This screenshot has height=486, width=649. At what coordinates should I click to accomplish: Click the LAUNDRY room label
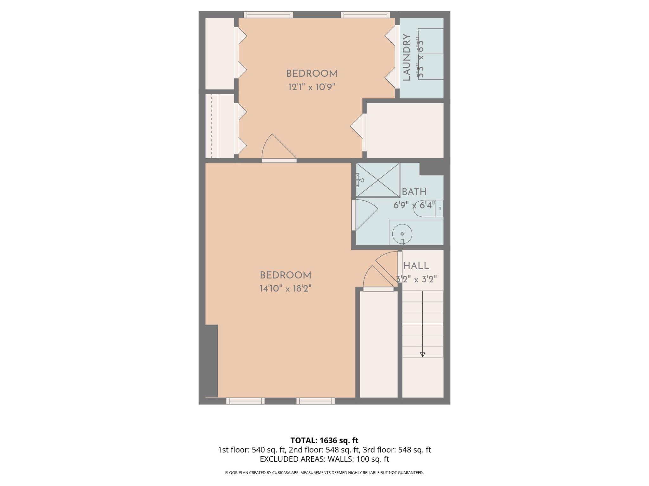407,57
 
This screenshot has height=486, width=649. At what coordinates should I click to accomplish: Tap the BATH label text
414,192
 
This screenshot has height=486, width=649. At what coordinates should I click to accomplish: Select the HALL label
416,266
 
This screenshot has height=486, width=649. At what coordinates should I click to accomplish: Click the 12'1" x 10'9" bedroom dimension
312,87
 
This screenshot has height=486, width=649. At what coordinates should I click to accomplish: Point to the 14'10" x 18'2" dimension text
286,289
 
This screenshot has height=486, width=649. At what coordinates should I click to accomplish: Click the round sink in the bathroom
402,234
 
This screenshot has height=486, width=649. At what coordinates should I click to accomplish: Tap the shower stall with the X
378,180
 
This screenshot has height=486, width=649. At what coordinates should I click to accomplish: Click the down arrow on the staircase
422,354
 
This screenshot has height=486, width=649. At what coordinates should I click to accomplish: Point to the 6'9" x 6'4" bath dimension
414,205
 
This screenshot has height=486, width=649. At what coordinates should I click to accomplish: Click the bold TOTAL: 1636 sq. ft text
324,440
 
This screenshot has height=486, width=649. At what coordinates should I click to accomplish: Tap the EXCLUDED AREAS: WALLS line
324,459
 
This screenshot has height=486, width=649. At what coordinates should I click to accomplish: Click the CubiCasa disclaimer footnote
324,473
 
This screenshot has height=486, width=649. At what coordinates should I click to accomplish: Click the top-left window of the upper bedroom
268,15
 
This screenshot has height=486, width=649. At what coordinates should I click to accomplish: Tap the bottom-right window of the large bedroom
315,401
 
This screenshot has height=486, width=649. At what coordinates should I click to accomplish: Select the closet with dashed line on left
219,126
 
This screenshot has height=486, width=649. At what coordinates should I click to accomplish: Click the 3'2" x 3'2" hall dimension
416,279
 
